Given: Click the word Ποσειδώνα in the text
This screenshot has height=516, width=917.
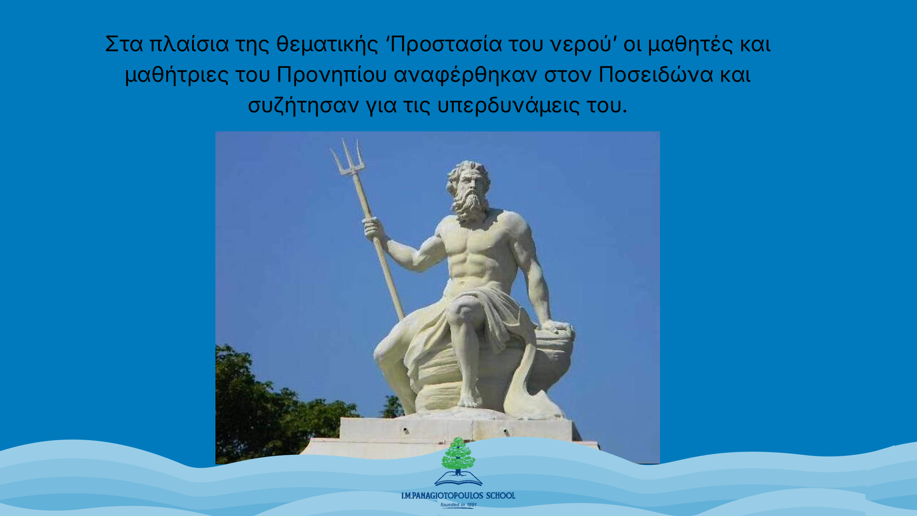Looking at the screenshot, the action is pyautogui.click(x=656, y=75).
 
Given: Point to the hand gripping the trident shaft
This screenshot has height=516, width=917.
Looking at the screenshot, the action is pyautogui.click(x=374, y=228).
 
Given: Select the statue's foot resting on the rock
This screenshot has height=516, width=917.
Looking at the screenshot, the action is pyautogui.click(x=471, y=399).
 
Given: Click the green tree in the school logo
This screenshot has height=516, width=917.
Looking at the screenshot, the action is pyautogui.click(x=458, y=455).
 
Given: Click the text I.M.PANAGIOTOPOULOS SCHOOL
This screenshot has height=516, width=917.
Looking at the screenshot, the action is pyautogui.click(x=458, y=496).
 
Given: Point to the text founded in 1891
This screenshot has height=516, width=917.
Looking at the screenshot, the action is pyautogui.click(x=458, y=505).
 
